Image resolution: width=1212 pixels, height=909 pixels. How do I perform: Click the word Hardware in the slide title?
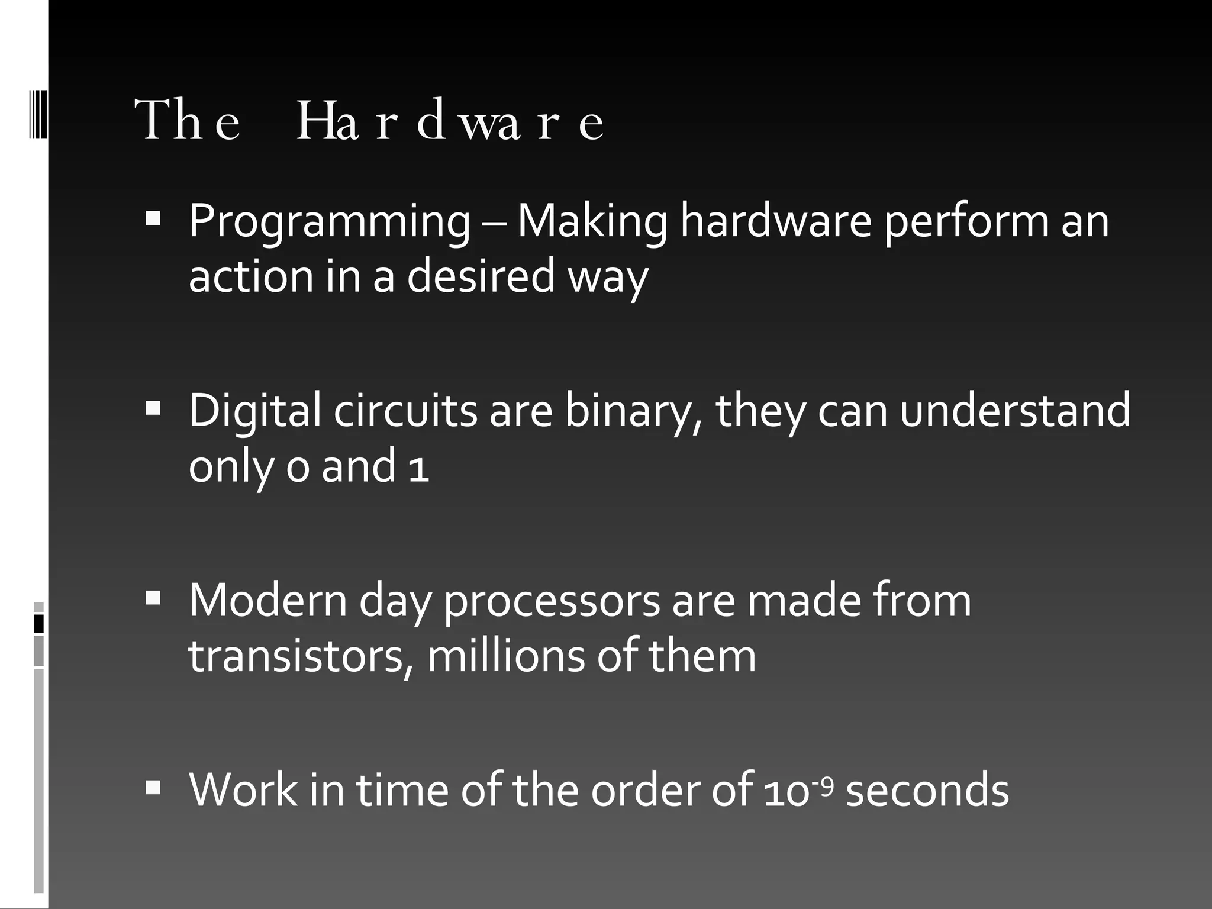[x=450, y=121]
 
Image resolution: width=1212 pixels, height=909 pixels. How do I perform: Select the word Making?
[x=592, y=222]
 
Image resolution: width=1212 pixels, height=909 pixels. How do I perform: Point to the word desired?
[x=481, y=276]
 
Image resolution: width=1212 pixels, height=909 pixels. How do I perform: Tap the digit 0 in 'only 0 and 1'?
[x=298, y=468]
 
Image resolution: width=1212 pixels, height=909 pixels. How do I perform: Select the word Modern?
[x=268, y=601]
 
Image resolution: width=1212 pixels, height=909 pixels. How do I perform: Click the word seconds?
[x=927, y=791]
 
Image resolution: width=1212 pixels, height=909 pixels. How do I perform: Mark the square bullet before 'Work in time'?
[x=153, y=787]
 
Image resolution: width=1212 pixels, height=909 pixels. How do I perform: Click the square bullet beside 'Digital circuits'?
[x=153, y=408]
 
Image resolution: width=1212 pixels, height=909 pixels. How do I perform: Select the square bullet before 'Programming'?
[x=153, y=218]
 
